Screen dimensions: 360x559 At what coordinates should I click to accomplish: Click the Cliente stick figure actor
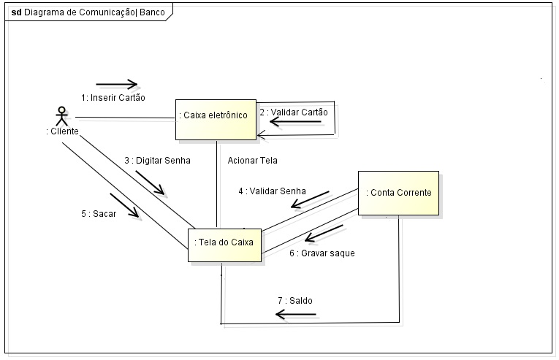pyautogui.click(x=62, y=117)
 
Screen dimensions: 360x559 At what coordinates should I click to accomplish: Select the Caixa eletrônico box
pyautogui.click(x=215, y=119)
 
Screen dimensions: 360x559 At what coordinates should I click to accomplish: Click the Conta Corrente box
pyautogui.click(x=398, y=193)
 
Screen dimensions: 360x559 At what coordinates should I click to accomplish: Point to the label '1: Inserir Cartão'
pyautogui.click(x=113, y=97)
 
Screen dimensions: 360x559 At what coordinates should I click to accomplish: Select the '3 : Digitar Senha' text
pyautogui.click(x=156, y=160)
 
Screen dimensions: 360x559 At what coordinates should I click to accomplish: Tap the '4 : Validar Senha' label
pyautogui.click(x=272, y=191)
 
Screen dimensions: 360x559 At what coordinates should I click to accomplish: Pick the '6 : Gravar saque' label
pyautogui.click(x=322, y=253)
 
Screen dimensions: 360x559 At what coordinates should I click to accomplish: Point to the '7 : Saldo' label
pyautogui.click(x=294, y=300)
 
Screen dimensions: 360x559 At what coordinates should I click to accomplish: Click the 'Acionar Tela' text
pyautogui.click(x=252, y=160)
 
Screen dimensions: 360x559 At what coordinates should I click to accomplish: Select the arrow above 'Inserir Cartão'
pyautogui.click(x=116, y=83)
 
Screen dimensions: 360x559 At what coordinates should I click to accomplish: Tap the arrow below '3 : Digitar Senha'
pyautogui.click(x=151, y=183)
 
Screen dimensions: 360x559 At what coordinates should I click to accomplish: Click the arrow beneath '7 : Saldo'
pyautogui.click(x=300, y=315)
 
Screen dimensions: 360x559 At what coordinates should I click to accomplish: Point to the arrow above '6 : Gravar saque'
pyautogui.click(x=324, y=234)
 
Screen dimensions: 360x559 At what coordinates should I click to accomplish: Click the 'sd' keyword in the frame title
pyautogui.click(x=16, y=12)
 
